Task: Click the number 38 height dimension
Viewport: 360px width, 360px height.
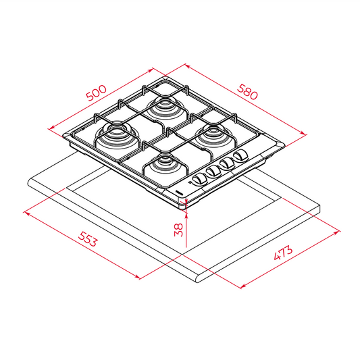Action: tap(178, 229)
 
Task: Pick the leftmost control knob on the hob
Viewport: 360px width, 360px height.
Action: tap(199, 180)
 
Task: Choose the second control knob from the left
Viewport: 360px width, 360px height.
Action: tap(213, 172)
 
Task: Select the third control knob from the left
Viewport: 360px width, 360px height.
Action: tap(227, 165)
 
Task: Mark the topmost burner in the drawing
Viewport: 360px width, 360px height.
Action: tap(163, 105)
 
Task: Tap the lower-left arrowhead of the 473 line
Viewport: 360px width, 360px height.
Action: tap(241, 287)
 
